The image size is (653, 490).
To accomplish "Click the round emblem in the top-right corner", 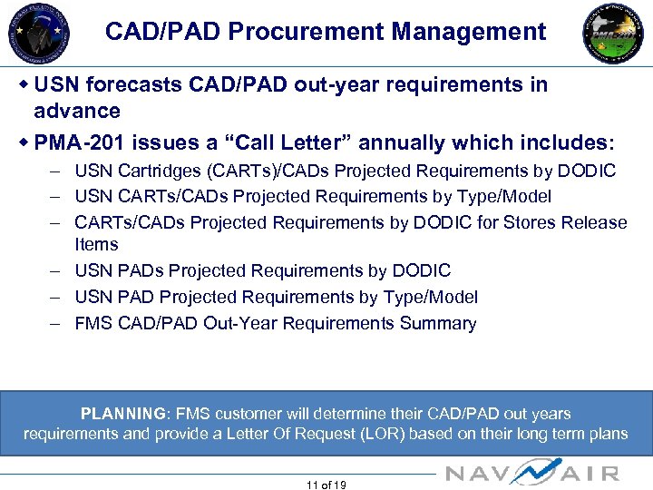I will coord(613,33).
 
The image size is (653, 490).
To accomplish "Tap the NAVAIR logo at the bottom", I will coord(533,472).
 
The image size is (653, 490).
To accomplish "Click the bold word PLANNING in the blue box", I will coord(123,414).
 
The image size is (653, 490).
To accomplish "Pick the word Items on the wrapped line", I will coord(96,244).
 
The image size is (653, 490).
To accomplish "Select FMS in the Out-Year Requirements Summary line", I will coord(93,323).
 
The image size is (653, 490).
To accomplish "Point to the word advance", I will coord(77,111).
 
